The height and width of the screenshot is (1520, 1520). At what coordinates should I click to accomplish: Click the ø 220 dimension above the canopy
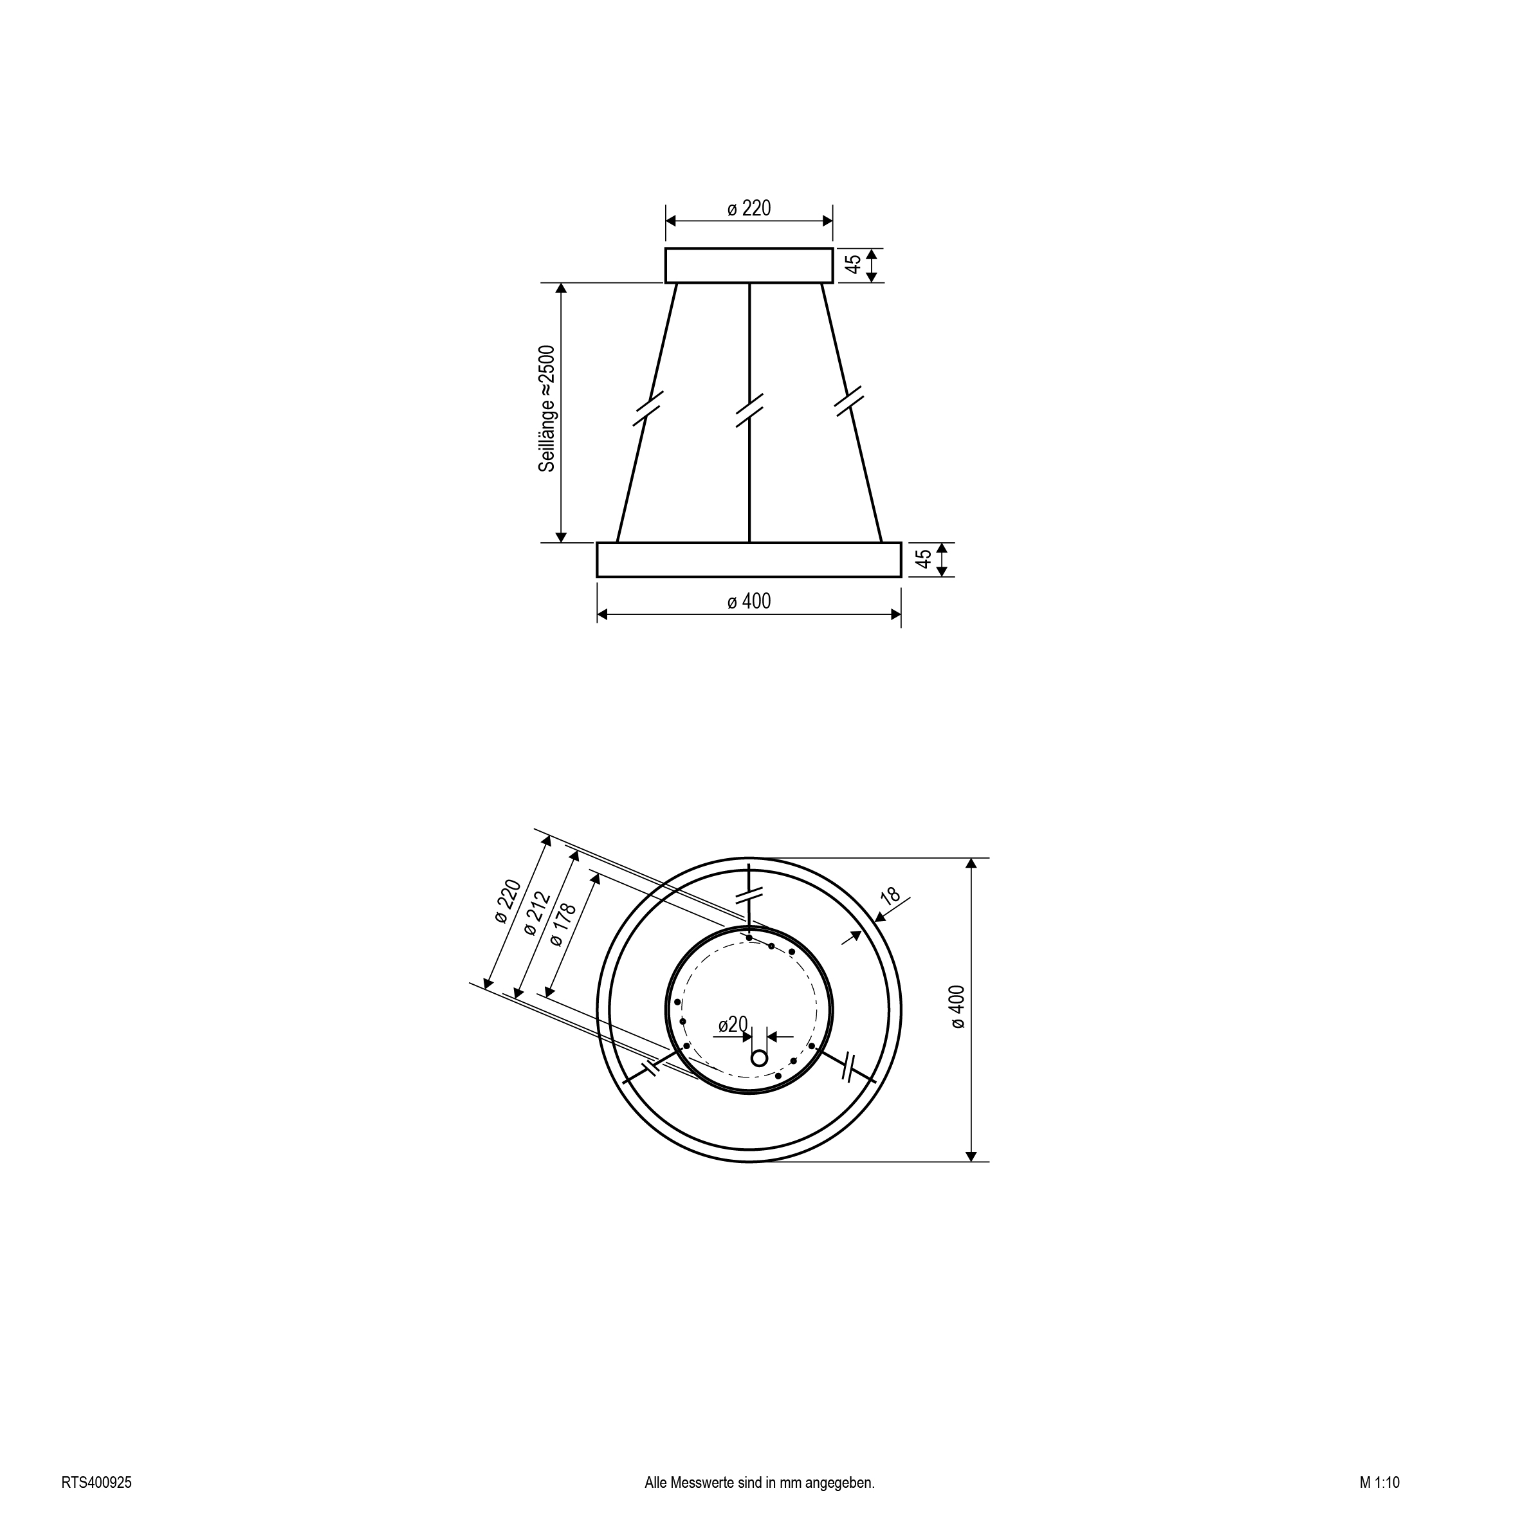coord(749,208)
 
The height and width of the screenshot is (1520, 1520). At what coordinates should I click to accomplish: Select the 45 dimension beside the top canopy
coord(854,264)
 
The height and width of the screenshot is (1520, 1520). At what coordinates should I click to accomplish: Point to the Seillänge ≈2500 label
coord(547,408)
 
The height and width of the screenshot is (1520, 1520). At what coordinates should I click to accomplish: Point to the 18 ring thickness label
coord(889,895)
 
